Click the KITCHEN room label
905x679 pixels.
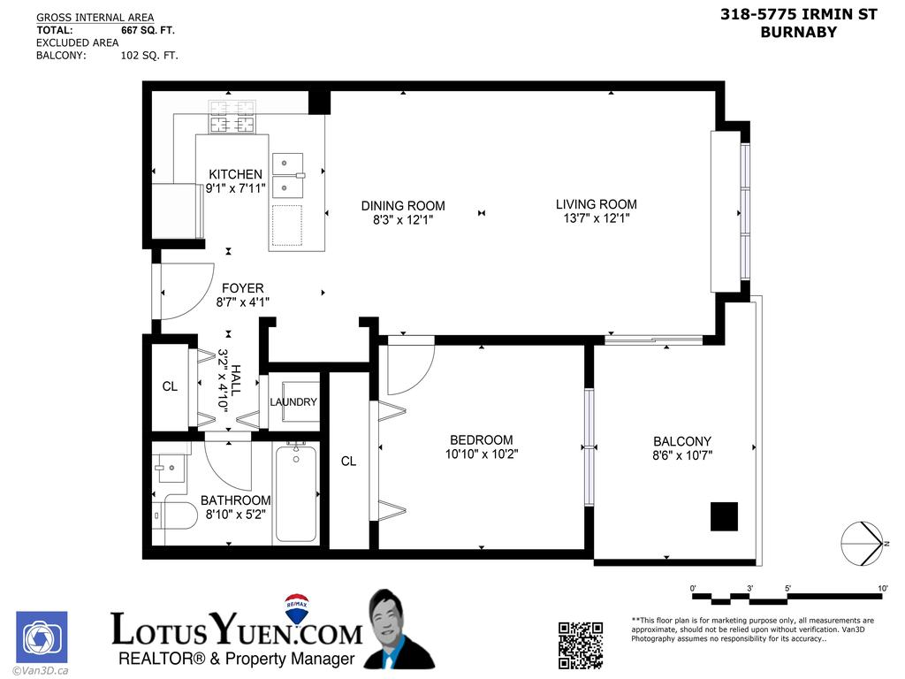(235, 174)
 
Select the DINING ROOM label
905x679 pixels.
(403, 206)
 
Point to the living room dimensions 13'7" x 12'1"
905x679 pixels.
(596, 218)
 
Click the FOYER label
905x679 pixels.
(242, 288)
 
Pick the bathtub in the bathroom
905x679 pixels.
(296, 493)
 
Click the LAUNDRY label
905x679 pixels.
(293, 402)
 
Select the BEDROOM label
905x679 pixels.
(481, 440)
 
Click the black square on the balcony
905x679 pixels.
(724, 516)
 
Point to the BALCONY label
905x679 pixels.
(681, 442)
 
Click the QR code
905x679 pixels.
(581, 644)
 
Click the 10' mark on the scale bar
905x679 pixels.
(882, 588)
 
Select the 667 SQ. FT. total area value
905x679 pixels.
(148, 30)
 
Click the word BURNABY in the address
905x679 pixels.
(798, 33)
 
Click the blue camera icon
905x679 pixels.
(42, 637)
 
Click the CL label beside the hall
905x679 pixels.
(170, 386)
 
